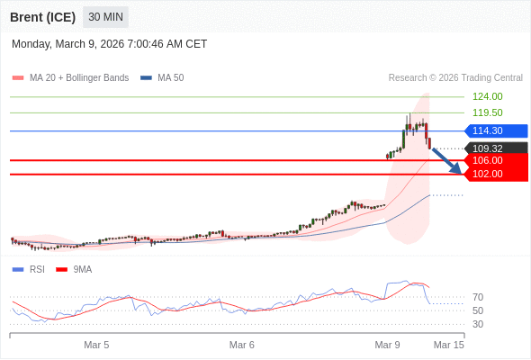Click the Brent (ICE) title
coord(42,17)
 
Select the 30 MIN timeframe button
coord(105,17)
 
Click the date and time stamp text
coord(109,43)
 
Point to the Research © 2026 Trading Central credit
coord(455,78)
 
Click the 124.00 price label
coord(487,96)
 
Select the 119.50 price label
coord(487,112)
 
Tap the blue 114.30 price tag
coord(494,130)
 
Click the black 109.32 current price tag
coord(494,148)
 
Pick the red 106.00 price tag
coord(494,160)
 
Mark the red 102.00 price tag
coord(494,174)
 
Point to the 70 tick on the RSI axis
coord(478,297)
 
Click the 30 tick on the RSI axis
coord(478,324)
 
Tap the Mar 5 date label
coord(96,345)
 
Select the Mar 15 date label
coord(448,345)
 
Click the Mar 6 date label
coord(242,345)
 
